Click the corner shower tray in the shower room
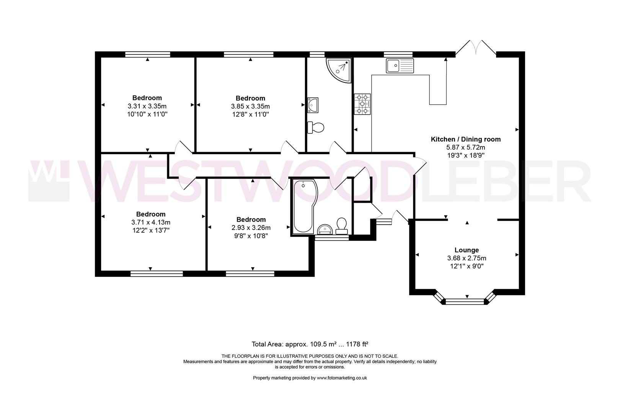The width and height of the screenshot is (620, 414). coord(339,70)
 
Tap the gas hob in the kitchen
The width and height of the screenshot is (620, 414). coord(362,104)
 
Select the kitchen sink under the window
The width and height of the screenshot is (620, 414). coord(400,66)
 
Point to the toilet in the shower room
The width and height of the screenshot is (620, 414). coord(315,128)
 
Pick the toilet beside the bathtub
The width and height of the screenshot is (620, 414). coord(341,226)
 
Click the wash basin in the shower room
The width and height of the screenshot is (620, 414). coord(313,105)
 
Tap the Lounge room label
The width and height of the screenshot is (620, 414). coord(467,250)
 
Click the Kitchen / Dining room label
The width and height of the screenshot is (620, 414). coord(465,139)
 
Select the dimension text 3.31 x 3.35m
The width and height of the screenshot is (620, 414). coord(147,106)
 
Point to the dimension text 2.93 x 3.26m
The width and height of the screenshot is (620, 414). coord(251,228)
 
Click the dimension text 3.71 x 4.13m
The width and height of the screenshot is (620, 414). coord(151,222)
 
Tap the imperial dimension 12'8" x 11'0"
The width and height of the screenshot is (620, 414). coord(251,114)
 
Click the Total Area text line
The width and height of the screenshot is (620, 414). coord(310,344)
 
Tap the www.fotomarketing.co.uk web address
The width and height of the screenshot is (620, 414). coord(342,378)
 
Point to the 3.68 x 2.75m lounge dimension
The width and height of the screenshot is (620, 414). coord(467,258)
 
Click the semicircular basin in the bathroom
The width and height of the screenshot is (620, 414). coord(325,229)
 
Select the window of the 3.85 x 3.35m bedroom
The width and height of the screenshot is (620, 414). coord(248,54)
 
